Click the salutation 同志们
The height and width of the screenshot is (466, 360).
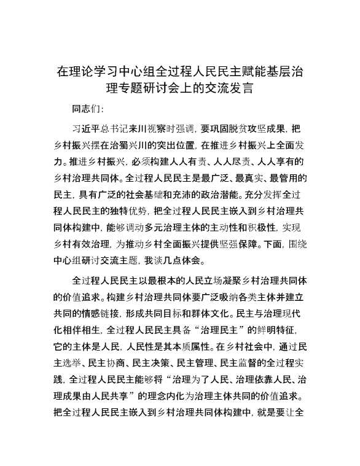point(88,109)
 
